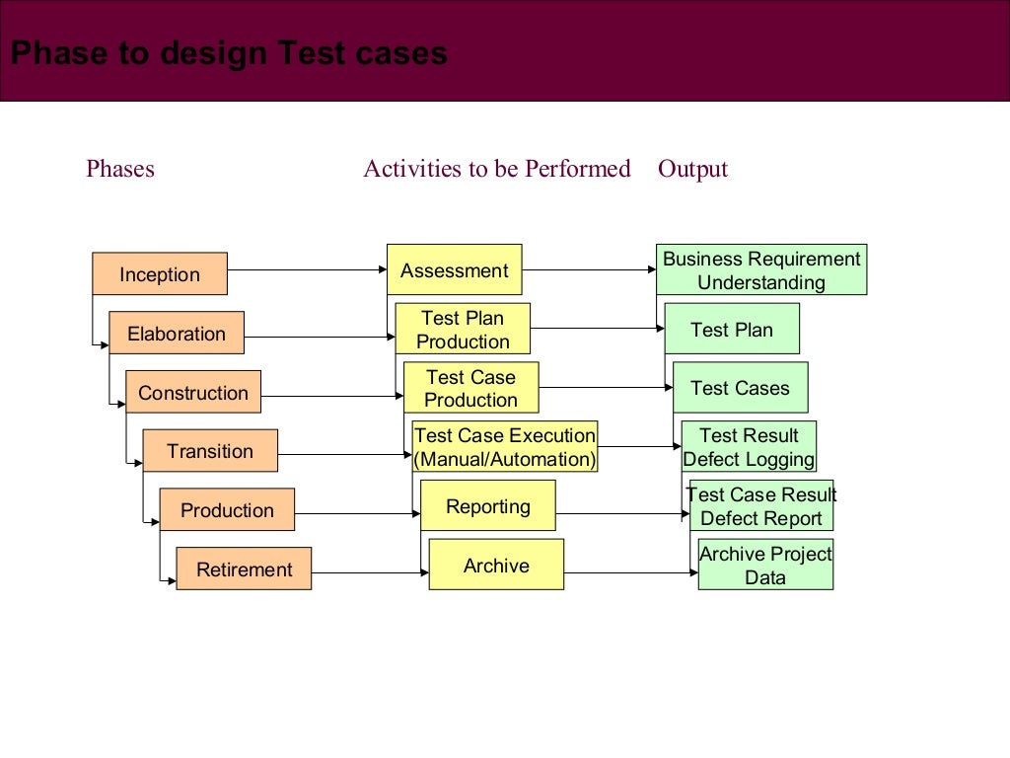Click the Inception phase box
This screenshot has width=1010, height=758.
click(160, 274)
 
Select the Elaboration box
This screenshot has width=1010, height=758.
click(177, 334)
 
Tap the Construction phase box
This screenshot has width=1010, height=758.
click(193, 392)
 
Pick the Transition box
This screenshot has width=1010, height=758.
click(210, 451)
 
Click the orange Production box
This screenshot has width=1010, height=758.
click(227, 510)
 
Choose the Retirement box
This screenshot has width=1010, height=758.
click(244, 569)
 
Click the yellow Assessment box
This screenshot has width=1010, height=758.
click(455, 270)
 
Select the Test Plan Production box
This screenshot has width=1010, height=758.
click(463, 330)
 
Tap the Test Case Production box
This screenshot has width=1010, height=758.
click(470, 388)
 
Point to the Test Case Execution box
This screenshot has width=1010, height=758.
click(505, 447)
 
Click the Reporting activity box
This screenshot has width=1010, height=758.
click(488, 506)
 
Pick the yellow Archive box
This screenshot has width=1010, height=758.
click(496, 566)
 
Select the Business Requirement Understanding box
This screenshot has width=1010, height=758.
click(761, 270)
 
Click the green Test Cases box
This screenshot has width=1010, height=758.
click(740, 388)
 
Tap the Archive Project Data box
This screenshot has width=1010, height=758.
click(765, 566)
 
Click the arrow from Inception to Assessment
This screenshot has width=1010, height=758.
click(306, 269)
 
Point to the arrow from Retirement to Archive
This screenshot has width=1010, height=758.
click(370, 573)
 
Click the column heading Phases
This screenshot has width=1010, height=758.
click(120, 169)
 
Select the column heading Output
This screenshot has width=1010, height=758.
click(692, 169)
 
